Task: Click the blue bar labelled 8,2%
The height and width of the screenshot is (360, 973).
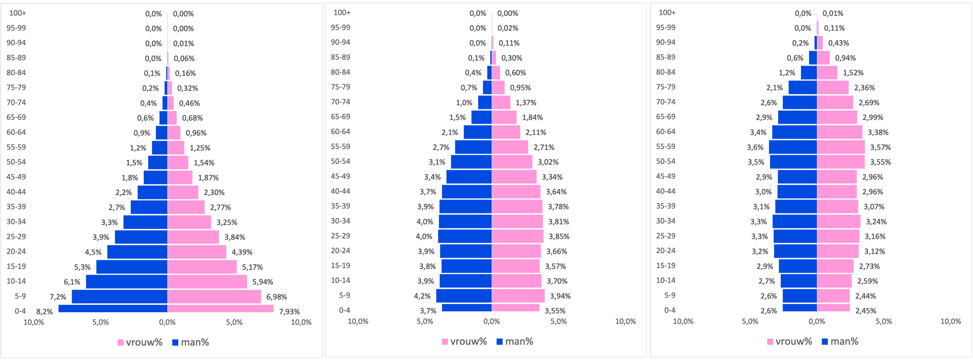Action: pos(113,309)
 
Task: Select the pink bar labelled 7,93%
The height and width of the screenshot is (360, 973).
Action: pos(220,309)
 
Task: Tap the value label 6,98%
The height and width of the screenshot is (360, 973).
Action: pos(276,297)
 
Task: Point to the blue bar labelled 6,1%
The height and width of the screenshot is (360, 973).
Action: pos(126,281)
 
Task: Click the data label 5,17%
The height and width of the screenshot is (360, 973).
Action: pos(252,267)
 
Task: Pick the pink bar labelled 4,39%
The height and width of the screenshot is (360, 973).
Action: pos(197,252)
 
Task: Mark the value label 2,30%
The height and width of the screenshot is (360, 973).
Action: pos(214,192)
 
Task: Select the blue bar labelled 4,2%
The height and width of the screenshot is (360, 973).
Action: pos(464,296)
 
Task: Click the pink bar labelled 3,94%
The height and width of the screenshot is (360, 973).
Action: pos(518,296)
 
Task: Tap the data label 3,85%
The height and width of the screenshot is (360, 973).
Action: pos(559,236)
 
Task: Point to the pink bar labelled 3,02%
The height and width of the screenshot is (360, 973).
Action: pos(512,162)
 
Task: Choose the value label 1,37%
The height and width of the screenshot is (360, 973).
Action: pos(526,103)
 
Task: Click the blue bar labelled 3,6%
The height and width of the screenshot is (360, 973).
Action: pos(793,147)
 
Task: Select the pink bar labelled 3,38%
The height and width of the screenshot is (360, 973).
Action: pos(839,132)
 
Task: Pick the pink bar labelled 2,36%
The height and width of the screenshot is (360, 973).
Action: pos(833,88)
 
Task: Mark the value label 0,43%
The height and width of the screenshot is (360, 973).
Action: pos(838,43)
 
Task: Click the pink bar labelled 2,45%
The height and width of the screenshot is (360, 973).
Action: pos(833,308)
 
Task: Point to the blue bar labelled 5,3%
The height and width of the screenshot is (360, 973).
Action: pos(132,267)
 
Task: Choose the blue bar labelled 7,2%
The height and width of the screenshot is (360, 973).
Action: pos(120,297)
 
